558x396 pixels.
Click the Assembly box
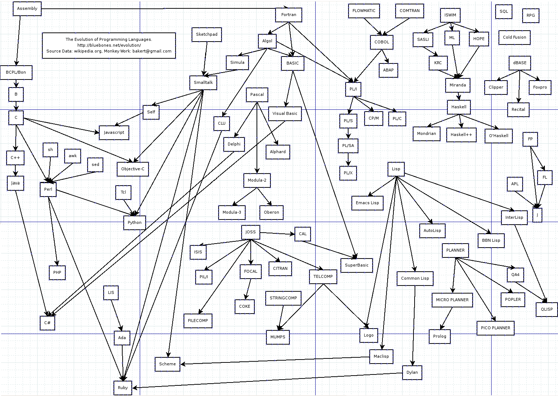27,9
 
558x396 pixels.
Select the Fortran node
289,15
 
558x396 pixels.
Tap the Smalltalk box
203,83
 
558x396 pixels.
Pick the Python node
135,222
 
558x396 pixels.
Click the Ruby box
123,388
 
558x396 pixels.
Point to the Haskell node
459,107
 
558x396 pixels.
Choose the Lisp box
396,169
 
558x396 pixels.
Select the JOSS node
250,232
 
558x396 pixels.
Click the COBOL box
382,42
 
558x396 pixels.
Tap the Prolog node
440,336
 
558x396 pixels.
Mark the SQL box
504,12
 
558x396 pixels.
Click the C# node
47,323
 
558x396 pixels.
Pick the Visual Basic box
285,114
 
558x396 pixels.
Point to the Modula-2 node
257,180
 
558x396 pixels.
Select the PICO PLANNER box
495,328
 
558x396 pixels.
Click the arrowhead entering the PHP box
57,263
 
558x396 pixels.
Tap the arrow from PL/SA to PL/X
348,159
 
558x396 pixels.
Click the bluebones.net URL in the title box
109,45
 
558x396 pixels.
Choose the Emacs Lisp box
367,203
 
